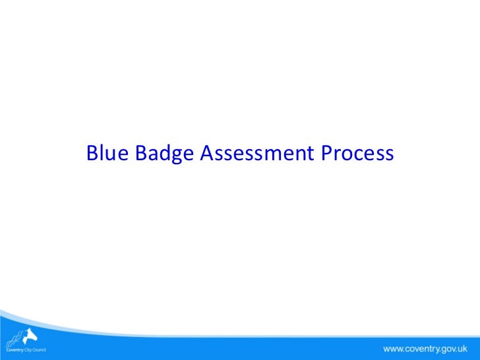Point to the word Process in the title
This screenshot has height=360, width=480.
pyautogui.click(x=357, y=154)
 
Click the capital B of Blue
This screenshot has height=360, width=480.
pyautogui.click(x=92, y=154)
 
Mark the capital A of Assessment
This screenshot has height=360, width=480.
pyautogui.click(x=206, y=154)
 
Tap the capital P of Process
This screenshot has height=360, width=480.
pyautogui.click(x=327, y=154)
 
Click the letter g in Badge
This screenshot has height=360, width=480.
pyautogui.click(x=175, y=156)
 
